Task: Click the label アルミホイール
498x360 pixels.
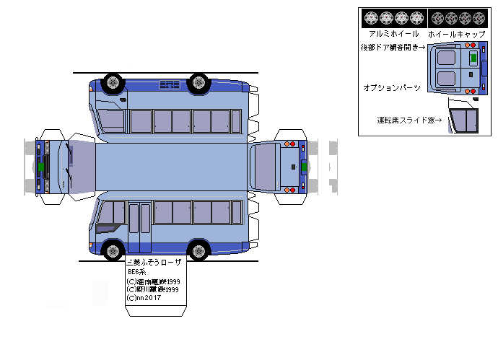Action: [393, 34]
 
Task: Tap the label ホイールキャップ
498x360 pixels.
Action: [456, 34]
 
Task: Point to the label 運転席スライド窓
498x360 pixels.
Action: [409, 120]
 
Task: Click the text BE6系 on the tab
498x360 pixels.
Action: [137, 272]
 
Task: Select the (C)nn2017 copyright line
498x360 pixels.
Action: [144, 297]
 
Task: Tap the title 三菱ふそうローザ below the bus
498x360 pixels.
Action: [154, 263]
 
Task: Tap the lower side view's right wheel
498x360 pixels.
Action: [198, 251]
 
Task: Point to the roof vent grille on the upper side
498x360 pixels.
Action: [170, 85]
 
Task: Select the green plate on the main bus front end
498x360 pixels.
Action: [41, 167]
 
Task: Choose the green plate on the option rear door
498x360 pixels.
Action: [473, 57]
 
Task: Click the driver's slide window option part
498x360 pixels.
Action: [464, 118]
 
